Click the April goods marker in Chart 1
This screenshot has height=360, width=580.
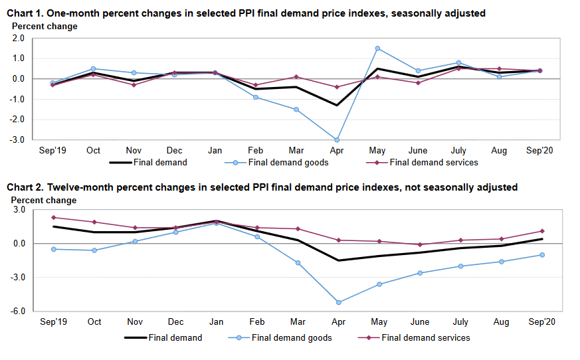coord(337,139)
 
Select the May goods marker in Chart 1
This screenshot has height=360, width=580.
coord(377,48)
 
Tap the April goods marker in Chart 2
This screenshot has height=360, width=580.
coord(339,302)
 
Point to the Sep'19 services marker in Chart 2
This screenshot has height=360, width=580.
coord(53,217)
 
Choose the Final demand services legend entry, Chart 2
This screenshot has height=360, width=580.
coord(425,337)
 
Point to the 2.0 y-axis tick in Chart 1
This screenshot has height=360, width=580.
coord(19,39)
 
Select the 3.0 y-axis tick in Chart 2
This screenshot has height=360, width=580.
coord(19,210)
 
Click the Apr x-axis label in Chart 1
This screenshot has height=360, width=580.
coord(337,150)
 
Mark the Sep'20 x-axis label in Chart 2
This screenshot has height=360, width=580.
coord(541,321)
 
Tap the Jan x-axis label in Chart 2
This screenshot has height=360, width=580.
coord(216,321)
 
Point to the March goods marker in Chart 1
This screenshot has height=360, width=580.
coord(296,109)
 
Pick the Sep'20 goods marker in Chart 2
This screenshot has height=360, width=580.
coord(542,255)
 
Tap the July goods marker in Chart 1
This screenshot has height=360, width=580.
coord(459,62)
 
